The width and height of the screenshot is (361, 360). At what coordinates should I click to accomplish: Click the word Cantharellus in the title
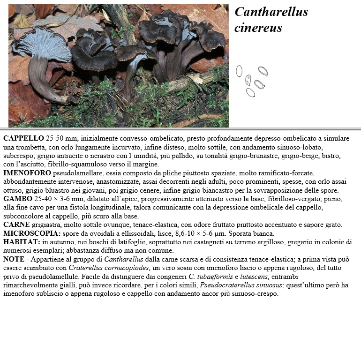271,12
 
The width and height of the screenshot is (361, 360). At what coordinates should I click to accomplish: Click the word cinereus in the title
258,28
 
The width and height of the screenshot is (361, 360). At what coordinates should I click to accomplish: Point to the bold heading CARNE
17,225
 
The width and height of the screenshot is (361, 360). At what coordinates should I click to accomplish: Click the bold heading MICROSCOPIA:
32,233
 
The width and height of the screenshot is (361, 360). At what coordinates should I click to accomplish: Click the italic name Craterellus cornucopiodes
108,268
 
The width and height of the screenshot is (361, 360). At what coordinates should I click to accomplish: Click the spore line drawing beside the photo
252,81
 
